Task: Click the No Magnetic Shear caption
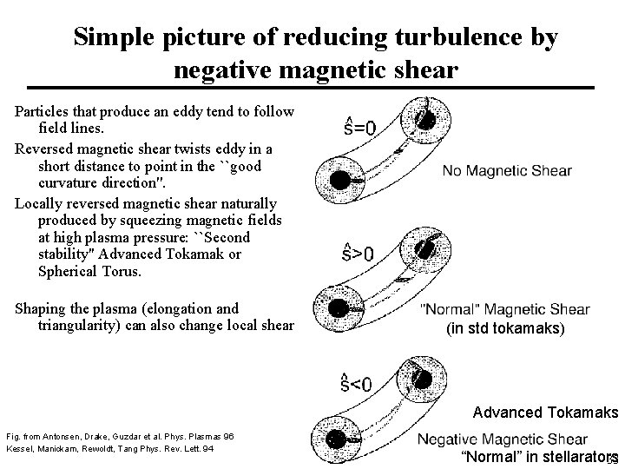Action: [506, 171]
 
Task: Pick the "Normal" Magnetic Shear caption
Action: [504, 309]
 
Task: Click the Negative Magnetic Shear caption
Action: [502, 439]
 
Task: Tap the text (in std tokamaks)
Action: [504, 328]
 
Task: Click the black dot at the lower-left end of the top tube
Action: [341, 179]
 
